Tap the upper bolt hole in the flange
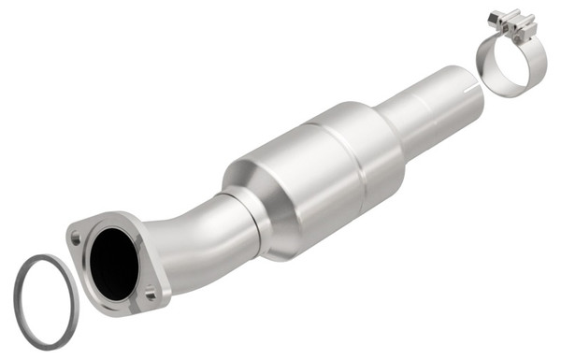(75, 238)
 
